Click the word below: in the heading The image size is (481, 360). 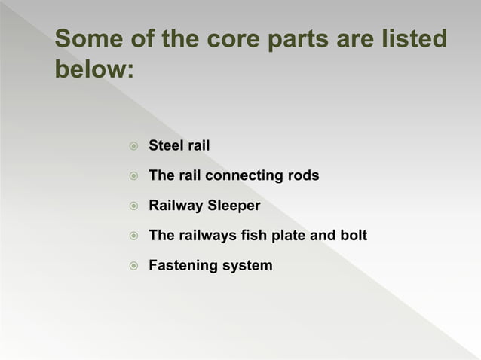(x=94, y=70)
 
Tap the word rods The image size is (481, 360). (x=303, y=175)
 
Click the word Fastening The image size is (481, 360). (x=182, y=266)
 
